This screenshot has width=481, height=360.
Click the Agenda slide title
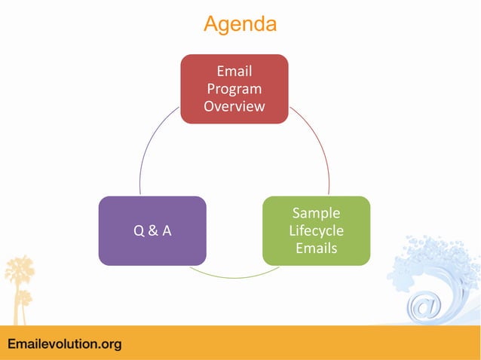(x=240, y=24)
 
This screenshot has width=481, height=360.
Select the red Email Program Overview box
(x=234, y=88)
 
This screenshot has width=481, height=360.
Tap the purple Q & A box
(x=152, y=230)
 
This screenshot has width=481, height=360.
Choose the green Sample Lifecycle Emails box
(x=316, y=230)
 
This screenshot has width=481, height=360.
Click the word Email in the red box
(x=234, y=72)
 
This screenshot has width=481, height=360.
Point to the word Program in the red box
(x=234, y=89)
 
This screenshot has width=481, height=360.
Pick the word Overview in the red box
(x=234, y=106)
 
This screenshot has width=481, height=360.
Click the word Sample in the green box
(x=316, y=213)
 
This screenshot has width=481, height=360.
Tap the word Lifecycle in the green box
(x=316, y=230)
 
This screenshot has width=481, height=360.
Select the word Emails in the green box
(x=316, y=248)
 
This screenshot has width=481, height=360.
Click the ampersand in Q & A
(x=152, y=231)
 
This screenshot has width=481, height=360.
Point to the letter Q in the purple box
(x=139, y=231)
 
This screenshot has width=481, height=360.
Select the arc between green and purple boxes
(x=234, y=276)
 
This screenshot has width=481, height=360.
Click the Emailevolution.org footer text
(x=64, y=344)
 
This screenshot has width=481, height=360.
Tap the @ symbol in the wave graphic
(x=424, y=307)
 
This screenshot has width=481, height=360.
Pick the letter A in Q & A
(x=166, y=231)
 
